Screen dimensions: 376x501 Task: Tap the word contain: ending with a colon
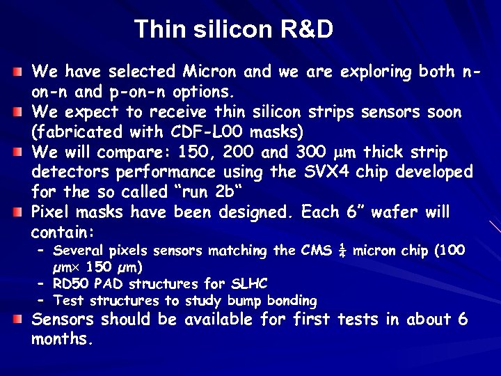point(63,231)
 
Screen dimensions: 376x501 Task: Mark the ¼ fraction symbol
point(341,251)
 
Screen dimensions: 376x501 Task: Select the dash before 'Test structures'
point(41,301)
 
